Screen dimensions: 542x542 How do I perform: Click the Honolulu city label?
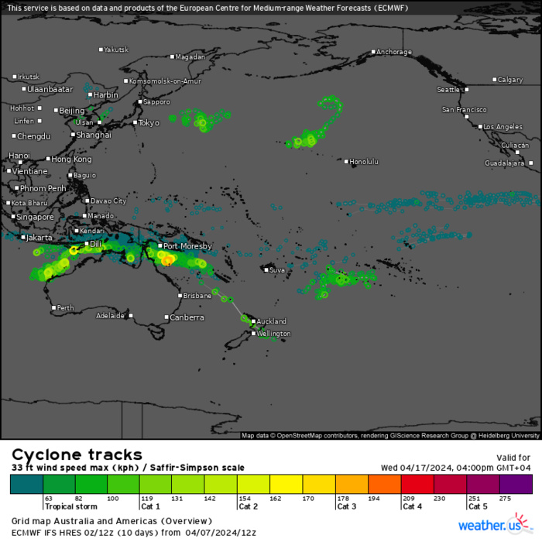364,162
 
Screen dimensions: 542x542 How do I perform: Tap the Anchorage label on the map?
394,53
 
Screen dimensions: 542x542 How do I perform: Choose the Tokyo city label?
148,122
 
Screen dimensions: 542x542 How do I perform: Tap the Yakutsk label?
116,50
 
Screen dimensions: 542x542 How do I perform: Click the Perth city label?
65,308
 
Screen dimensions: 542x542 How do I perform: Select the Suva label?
277,270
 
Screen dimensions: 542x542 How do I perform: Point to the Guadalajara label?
505,163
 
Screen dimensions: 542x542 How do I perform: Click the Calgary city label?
510,80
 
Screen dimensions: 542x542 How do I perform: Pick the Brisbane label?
198,296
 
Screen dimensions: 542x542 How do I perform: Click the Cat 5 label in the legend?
479,507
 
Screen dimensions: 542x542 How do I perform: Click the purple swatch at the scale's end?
516,485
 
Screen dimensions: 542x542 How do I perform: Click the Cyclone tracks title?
76,455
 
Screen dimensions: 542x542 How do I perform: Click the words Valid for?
513,458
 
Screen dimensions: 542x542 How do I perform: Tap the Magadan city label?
190,57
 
